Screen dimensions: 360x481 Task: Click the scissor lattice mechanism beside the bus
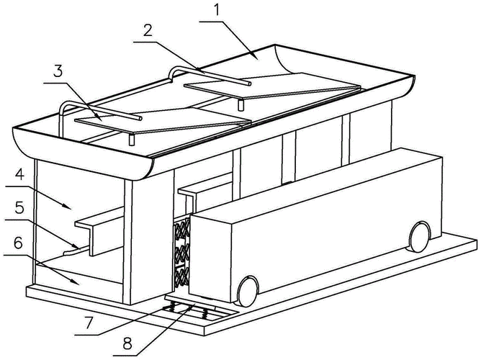pyautogui.click(x=181, y=252)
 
